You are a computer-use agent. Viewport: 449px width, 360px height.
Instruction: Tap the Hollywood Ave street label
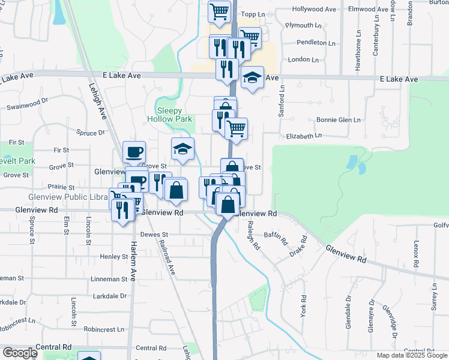pos(313,10)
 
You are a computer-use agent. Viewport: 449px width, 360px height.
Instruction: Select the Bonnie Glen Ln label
pos(339,120)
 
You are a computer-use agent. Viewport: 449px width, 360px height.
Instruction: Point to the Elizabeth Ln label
pos(304,137)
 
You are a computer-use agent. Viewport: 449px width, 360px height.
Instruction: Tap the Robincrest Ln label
pos(104,329)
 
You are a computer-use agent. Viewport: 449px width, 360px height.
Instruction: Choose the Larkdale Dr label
pos(110,296)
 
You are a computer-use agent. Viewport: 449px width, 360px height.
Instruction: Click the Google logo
pos(20,353)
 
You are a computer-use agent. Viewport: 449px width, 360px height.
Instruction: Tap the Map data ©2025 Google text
pos(411,355)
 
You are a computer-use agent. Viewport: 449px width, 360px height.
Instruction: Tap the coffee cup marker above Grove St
pos(134,152)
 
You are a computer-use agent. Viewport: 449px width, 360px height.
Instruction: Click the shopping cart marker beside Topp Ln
pos(220,11)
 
